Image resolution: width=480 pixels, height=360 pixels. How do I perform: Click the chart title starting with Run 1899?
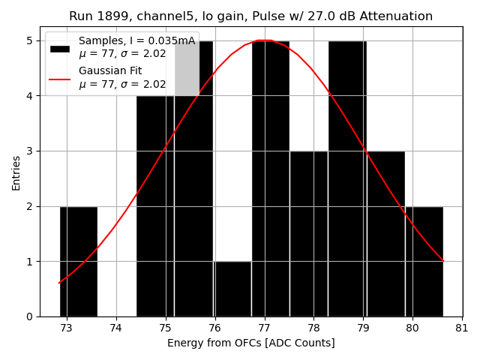click(250, 16)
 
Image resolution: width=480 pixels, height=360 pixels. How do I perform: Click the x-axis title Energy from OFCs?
click(250, 343)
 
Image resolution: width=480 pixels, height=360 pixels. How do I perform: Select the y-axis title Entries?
click(16, 172)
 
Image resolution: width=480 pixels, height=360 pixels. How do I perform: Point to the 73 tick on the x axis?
click(67, 328)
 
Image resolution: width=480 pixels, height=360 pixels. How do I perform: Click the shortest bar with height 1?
click(232, 289)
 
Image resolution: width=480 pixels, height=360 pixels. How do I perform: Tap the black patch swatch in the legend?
click(60, 48)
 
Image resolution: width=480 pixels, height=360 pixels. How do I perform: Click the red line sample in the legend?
click(60, 78)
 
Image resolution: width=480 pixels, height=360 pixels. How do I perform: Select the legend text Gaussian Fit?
click(110, 71)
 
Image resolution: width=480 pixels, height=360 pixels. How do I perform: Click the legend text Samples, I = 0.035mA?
click(136, 41)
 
